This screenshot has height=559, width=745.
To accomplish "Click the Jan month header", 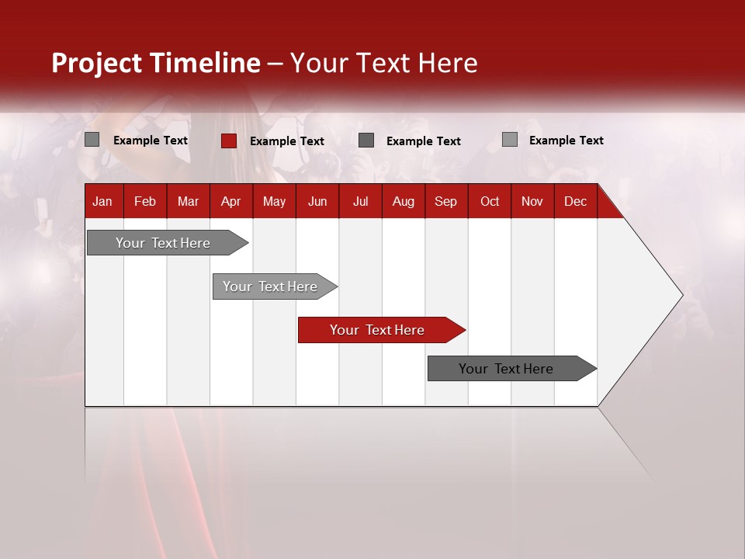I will point(103,201).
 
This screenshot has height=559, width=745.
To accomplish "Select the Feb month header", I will point(145,201).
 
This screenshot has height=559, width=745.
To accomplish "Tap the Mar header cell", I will point(188,201).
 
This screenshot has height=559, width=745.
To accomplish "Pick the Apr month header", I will point(231,201).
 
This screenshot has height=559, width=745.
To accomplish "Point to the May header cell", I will point(274,201).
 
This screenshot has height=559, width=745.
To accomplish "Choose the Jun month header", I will point(317,201).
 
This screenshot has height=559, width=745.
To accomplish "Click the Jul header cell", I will point(360,201).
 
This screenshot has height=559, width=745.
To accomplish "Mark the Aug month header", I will point(404,201).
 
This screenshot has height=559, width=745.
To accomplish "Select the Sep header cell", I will point(446,201).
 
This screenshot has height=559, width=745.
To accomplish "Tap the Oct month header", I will point(490,201).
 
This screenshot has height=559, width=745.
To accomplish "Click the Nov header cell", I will point(532,201).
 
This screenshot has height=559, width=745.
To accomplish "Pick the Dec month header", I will point(576,201).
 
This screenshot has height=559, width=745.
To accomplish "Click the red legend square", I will point(229,141).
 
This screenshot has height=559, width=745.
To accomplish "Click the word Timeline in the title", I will point(204,63).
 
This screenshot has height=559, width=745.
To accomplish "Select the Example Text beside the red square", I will point(287,141).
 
